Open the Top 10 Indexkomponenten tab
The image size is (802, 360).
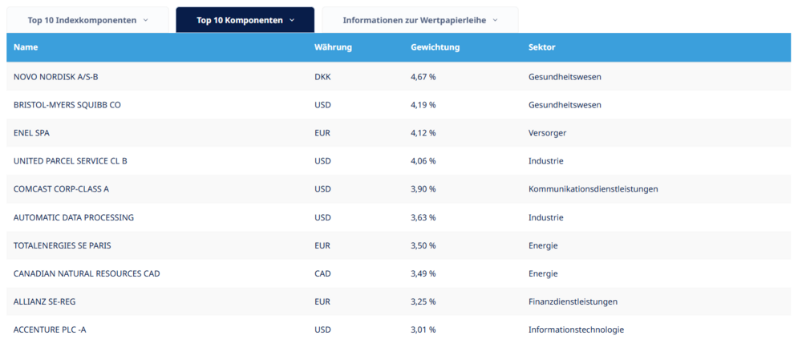pyautogui.click(x=87, y=21)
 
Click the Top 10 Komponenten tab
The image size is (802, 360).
pyautogui.click(x=245, y=21)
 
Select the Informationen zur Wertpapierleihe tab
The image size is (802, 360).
pyautogui.click(x=420, y=21)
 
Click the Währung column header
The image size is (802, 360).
pyautogui.click(x=333, y=47)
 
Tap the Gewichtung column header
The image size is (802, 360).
pyautogui.click(x=435, y=47)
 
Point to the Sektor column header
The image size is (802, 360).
pyautogui.click(x=541, y=47)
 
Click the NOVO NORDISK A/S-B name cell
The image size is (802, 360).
pyautogui.click(x=56, y=77)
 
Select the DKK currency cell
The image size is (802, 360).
pyautogui.click(x=322, y=77)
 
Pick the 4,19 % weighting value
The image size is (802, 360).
pyautogui.click(x=423, y=105)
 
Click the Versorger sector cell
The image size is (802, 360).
pyautogui.click(x=547, y=133)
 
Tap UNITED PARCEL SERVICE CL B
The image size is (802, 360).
pyautogui.click(x=71, y=161)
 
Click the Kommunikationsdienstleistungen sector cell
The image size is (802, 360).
pyautogui.click(x=593, y=189)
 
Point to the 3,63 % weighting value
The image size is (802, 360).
pyautogui.click(x=423, y=217)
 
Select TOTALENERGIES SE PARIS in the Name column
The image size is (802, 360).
pyautogui.click(x=63, y=245)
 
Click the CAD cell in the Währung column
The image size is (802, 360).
pyautogui.click(x=322, y=273)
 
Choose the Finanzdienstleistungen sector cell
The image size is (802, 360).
pyautogui.click(x=573, y=301)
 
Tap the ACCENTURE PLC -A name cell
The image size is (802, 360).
pyautogui.click(x=50, y=330)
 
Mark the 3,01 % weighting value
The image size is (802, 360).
pyautogui.click(x=423, y=330)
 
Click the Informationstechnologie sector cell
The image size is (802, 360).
pyautogui.click(x=577, y=330)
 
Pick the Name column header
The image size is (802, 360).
pyautogui.click(x=26, y=47)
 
